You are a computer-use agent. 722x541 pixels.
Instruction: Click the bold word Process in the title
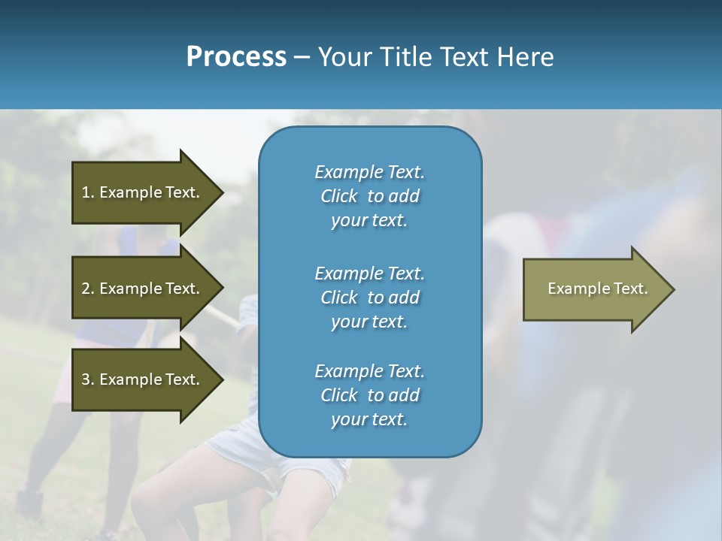[x=236, y=57]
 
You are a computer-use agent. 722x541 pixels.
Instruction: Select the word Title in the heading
[x=406, y=57]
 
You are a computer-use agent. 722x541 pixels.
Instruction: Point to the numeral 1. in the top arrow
[x=88, y=192]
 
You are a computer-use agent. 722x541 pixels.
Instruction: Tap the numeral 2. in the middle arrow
[x=88, y=289]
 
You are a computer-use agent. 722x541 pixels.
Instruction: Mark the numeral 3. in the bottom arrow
[x=88, y=379]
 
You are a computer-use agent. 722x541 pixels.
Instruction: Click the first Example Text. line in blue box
[x=369, y=172]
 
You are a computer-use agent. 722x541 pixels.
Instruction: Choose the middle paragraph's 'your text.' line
[x=369, y=322]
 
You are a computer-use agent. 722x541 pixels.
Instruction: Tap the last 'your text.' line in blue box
[x=369, y=419]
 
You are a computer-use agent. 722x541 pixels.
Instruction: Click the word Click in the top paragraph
[x=339, y=196]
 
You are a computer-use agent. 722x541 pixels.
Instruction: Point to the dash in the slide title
[x=302, y=57]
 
